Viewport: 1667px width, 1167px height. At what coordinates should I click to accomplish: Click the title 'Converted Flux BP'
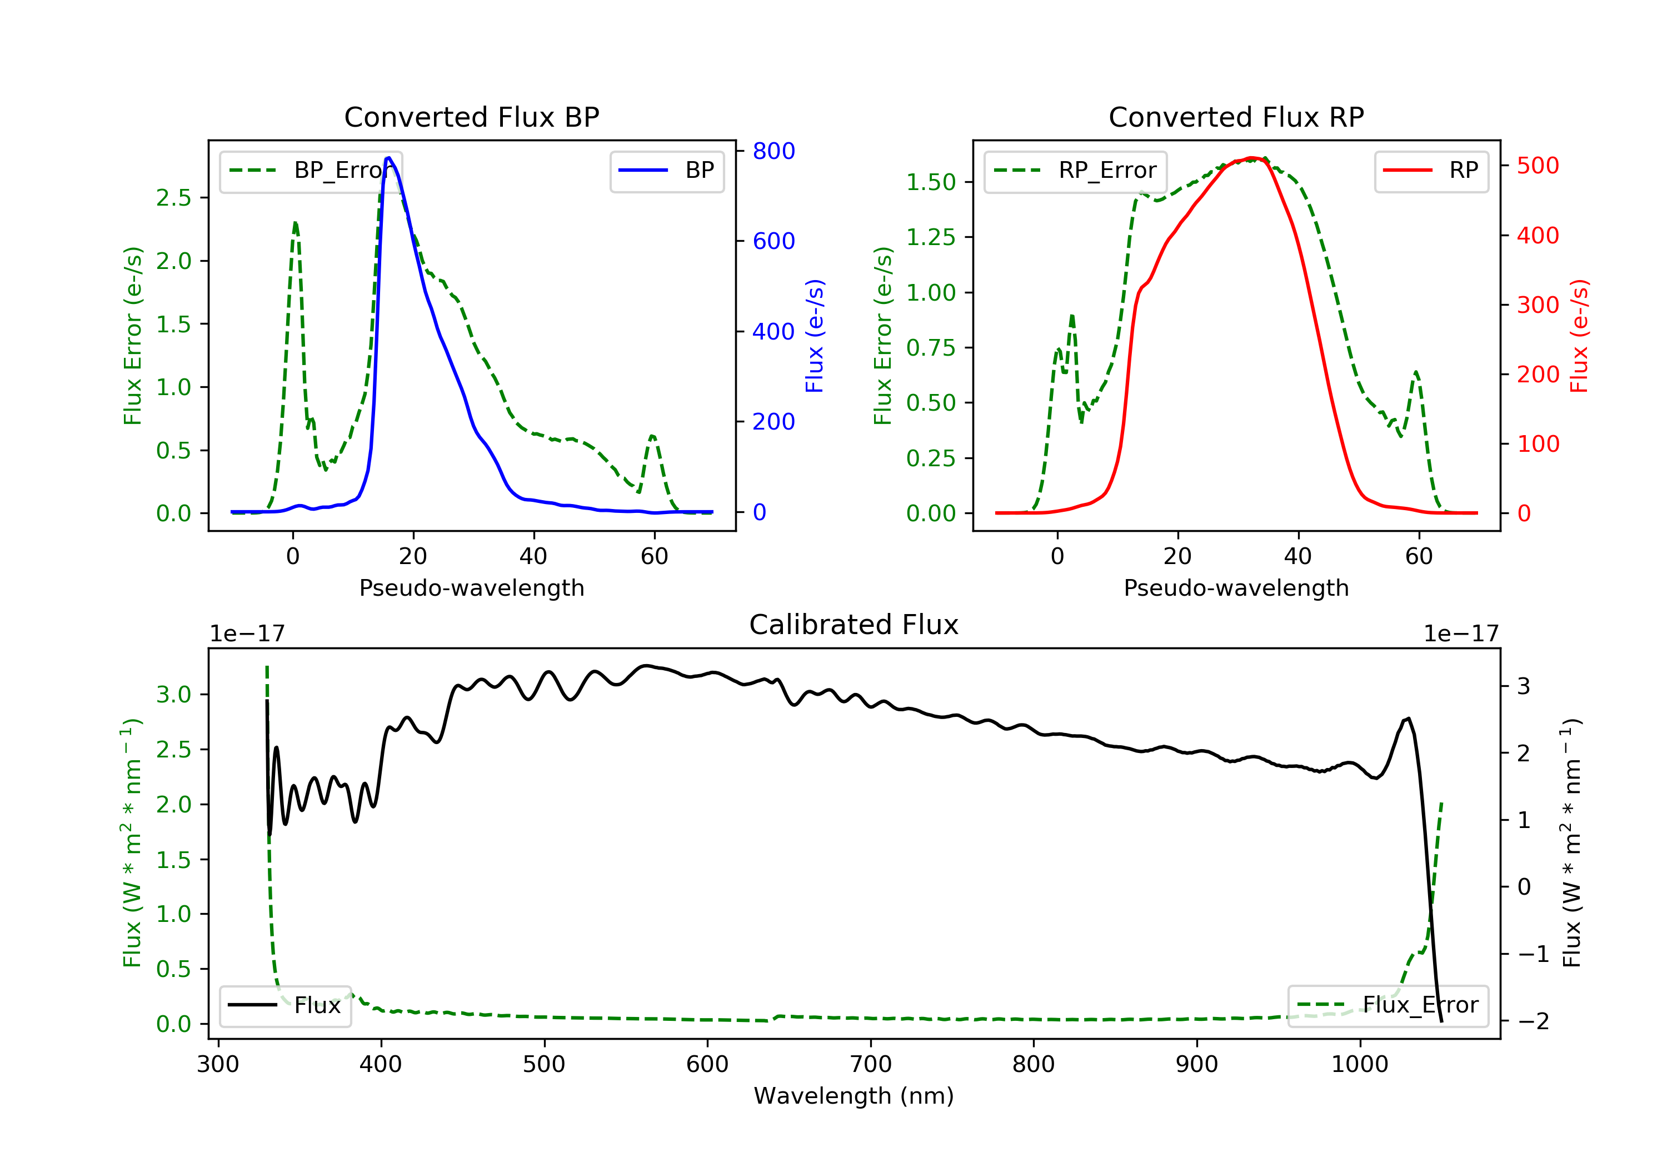pos(471,117)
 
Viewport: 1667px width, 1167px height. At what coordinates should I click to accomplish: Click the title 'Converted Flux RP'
pos(1236,117)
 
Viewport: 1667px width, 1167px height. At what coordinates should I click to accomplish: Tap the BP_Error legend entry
pos(311,171)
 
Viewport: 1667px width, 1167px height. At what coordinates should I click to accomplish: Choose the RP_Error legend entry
pos(1075,171)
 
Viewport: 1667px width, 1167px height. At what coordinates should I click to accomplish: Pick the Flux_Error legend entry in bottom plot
pos(1387,1005)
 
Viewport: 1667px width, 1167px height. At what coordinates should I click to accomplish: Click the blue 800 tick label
pos(773,151)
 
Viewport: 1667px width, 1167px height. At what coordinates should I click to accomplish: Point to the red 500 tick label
pos(1538,166)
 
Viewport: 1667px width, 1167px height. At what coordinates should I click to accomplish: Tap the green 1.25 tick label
pos(931,237)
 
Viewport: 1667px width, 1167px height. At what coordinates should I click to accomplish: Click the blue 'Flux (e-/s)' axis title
pos(815,336)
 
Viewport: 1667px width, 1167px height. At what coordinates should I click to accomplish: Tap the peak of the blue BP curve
pos(388,158)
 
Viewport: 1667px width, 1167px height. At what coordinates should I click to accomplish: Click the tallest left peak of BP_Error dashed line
pos(295,223)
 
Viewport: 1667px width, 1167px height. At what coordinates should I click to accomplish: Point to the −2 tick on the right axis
pos(1534,1021)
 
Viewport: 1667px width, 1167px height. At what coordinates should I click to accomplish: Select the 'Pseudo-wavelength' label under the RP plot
pos(1236,587)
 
